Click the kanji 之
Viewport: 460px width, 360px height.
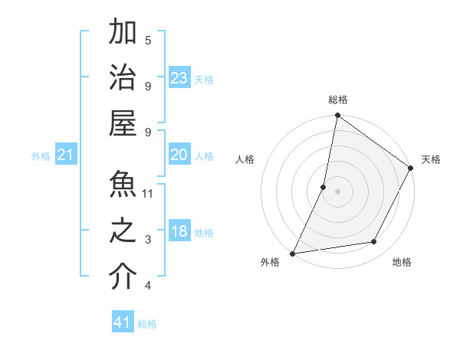[x=123, y=231]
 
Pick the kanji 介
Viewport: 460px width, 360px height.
[x=123, y=277]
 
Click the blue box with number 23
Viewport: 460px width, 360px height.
[x=179, y=77]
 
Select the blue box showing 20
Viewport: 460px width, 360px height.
[x=179, y=155]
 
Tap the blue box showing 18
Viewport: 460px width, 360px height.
[x=179, y=231]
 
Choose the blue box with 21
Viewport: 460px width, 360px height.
[x=66, y=155]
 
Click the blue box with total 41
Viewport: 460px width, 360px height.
[x=123, y=322]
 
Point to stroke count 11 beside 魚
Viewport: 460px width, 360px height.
[x=148, y=194]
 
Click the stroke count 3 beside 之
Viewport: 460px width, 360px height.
[x=148, y=240]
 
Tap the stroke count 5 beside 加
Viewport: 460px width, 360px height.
[x=148, y=41]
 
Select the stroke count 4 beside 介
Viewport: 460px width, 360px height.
[x=148, y=286]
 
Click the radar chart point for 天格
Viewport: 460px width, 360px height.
[x=411, y=169]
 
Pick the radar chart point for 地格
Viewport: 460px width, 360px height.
[x=374, y=242]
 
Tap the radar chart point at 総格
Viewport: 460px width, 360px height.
[x=337, y=116]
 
